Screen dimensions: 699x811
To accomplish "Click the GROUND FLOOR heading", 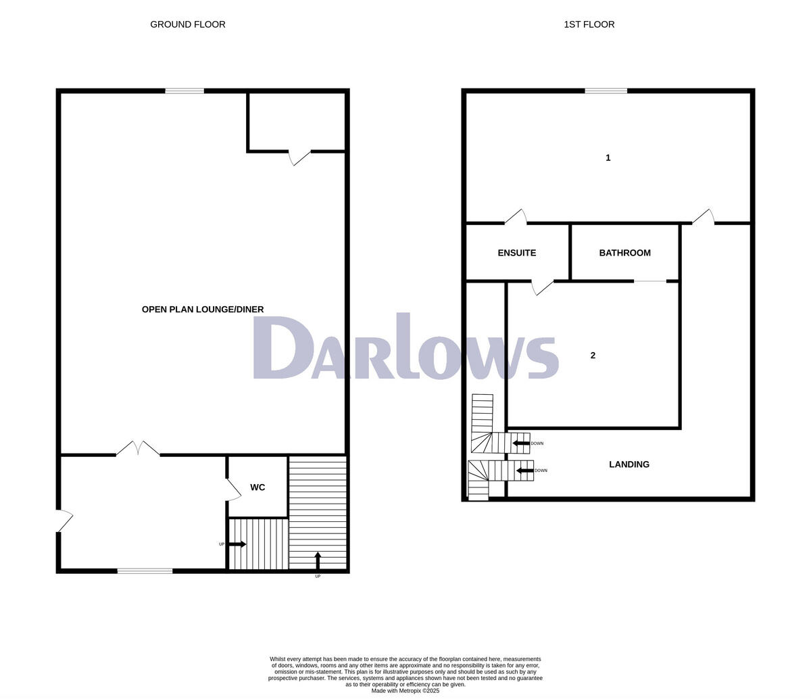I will pyautogui.click(x=188, y=24).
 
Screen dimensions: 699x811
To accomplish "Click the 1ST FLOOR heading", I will pyautogui.click(x=589, y=24).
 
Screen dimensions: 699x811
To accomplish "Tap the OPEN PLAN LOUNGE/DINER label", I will pyautogui.click(x=203, y=310).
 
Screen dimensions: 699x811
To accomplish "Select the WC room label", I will pyautogui.click(x=257, y=487).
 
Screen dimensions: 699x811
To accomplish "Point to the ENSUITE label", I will pyautogui.click(x=516, y=253).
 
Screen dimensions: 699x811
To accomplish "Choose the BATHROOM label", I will pyautogui.click(x=624, y=253).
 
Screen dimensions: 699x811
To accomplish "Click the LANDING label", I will pyautogui.click(x=629, y=464).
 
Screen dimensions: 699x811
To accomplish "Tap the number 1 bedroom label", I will pyautogui.click(x=608, y=158).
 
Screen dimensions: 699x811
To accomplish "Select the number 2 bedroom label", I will pyautogui.click(x=593, y=356).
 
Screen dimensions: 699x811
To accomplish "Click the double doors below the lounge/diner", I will pyautogui.click(x=138, y=450).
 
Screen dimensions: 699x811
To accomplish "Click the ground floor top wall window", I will pyautogui.click(x=185, y=91).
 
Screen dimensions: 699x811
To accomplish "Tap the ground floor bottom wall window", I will pyautogui.click(x=145, y=571).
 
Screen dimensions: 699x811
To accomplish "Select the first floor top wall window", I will pyautogui.click(x=606, y=91).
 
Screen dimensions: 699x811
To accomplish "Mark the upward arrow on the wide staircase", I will pyautogui.click(x=318, y=560).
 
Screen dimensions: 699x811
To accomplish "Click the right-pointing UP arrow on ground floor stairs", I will pyautogui.click(x=237, y=544).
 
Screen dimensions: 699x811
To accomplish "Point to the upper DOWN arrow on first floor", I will pyautogui.click(x=520, y=443).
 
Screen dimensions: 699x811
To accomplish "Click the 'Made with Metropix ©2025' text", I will pyautogui.click(x=405, y=691).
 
